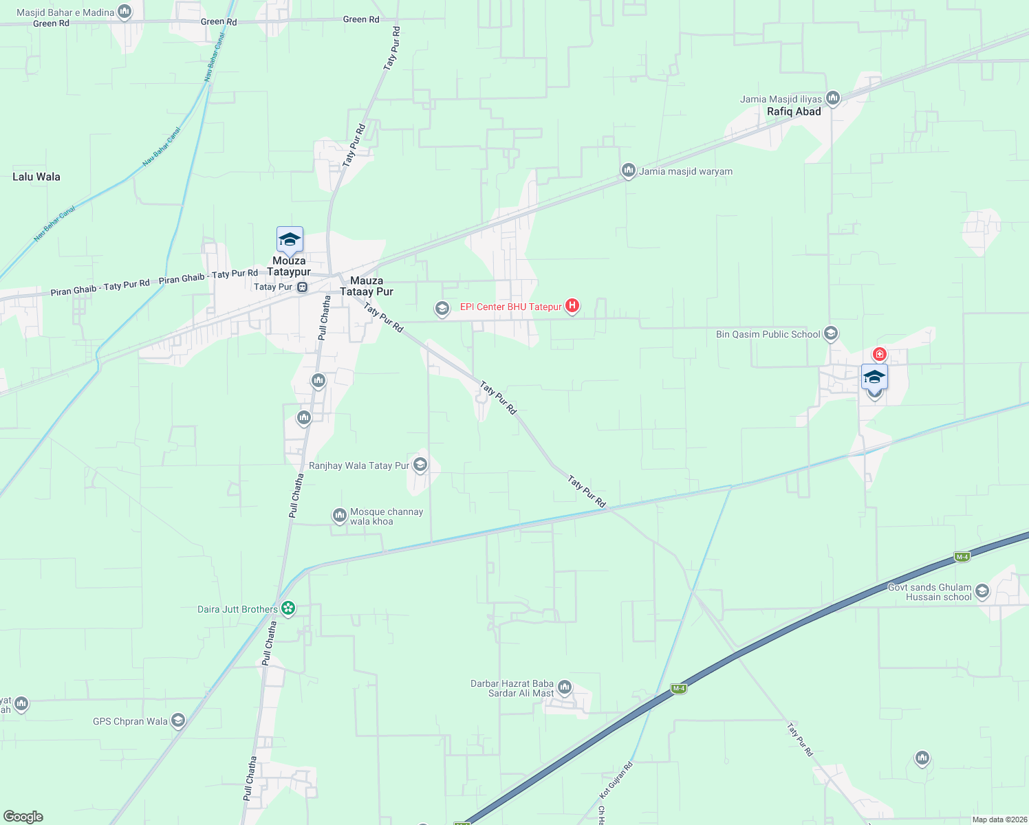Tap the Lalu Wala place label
pos(36,177)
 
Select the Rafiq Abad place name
pos(794,111)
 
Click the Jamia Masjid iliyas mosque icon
pos(833,98)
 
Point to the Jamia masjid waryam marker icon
pos(628,170)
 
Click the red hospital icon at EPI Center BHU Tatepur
pos(572,306)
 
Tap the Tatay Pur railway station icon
pos(302,287)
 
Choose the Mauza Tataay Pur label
pos(367,286)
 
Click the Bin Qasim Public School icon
pos(831,334)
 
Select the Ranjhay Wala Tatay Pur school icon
pos(420,465)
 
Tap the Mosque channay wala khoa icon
pos(339,516)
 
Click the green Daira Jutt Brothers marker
pos(288,608)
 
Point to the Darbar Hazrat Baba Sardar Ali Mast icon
pos(565,687)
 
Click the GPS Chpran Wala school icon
pos(178,720)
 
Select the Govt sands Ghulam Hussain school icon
pos(982,591)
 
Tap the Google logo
pos(23,817)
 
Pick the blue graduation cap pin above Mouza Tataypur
pos(290,240)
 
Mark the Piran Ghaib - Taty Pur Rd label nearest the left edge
pos(100,287)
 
